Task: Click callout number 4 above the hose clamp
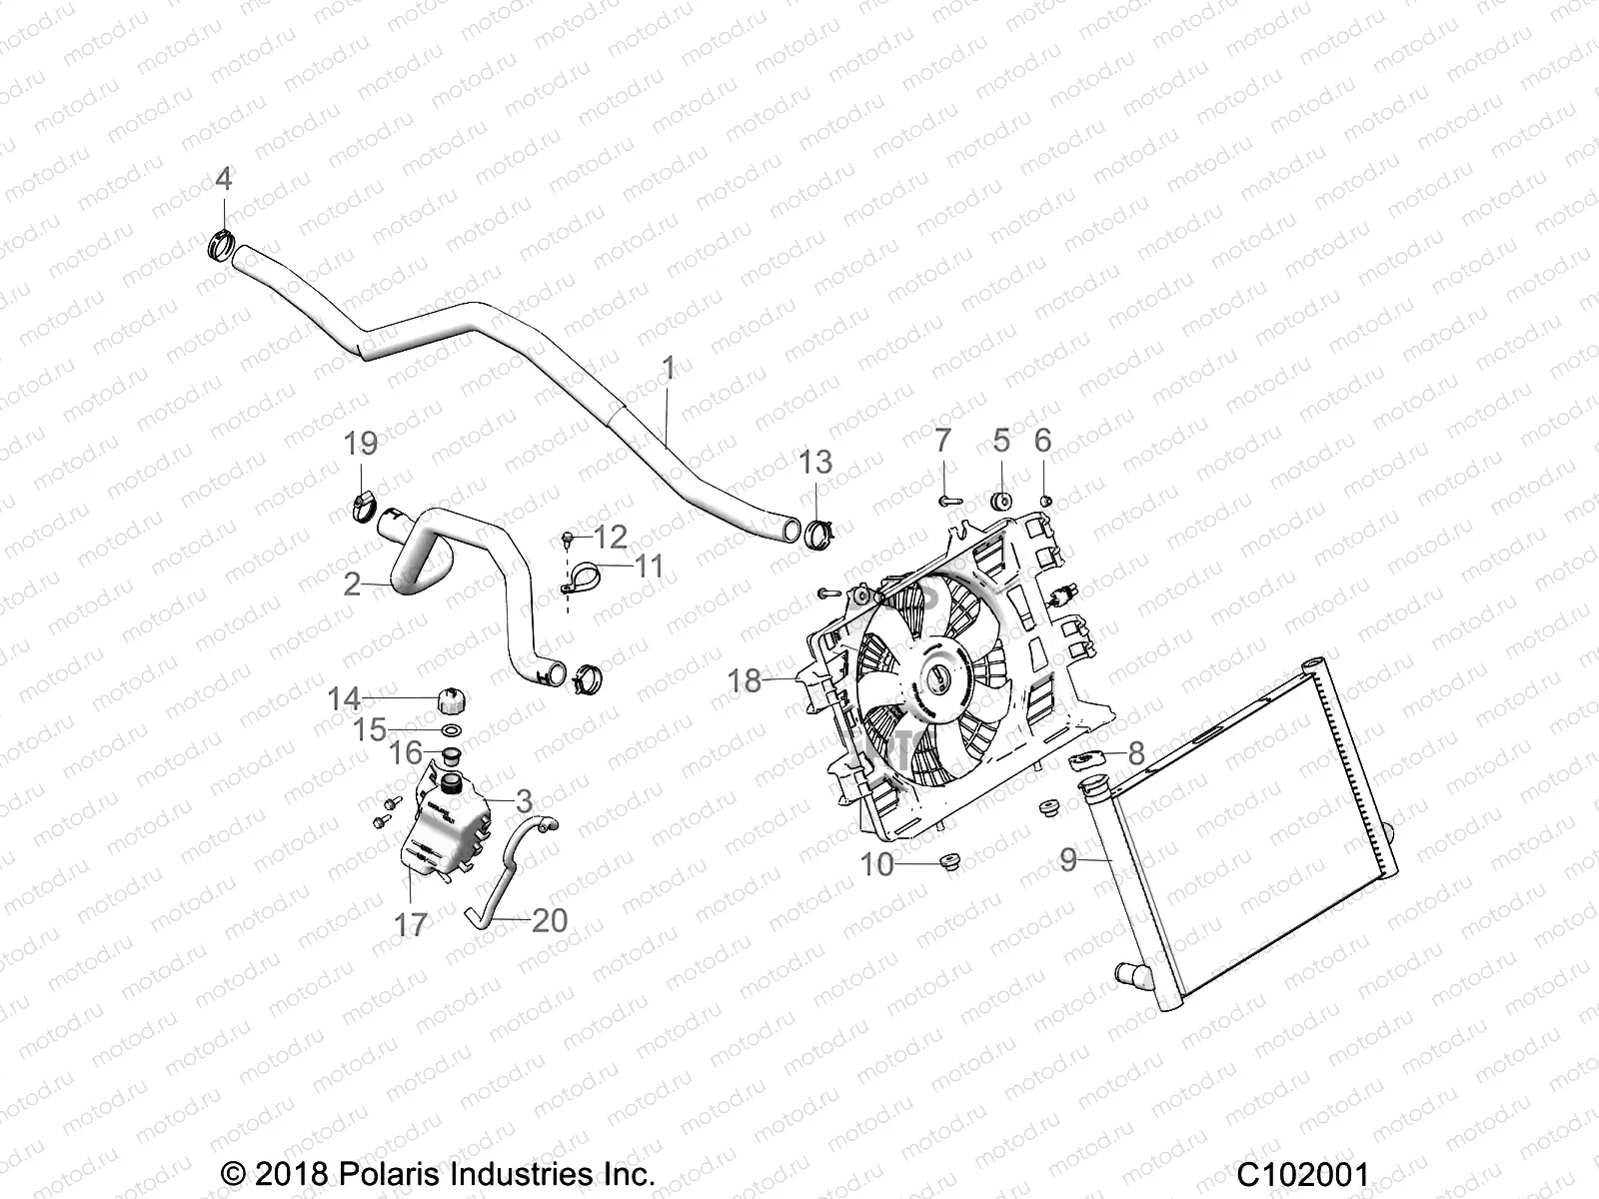pos(223,179)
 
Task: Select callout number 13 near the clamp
pos(815,463)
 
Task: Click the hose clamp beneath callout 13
pos(817,535)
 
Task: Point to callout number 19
pos(361,444)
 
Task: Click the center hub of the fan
pos(936,679)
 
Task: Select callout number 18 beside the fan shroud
pos(745,681)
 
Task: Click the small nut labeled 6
pos(1043,499)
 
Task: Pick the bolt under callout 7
pos(949,498)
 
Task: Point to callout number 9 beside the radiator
pos(1068,859)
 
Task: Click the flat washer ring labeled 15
pos(451,732)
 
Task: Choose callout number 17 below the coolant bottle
pos(410,925)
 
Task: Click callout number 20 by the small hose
pos(550,920)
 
